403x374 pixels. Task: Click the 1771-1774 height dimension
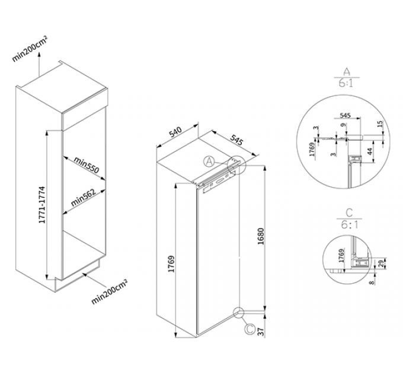pyautogui.click(x=42, y=205)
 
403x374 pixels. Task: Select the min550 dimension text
pyautogui.click(x=87, y=165)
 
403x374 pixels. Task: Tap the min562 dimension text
pyautogui.click(x=83, y=198)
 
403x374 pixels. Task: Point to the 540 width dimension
pyautogui.click(x=175, y=132)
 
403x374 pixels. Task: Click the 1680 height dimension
pyautogui.click(x=261, y=236)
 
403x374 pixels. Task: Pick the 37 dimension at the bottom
pyautogui.click(x=261, y=332)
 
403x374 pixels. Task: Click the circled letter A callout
pyautogui.click(x=209, y=161)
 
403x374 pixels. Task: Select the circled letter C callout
pyautogui.click(x=250, y=329)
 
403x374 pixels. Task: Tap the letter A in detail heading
pyautogui.click(x=347, y=72)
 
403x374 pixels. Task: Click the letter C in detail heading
pyautogui.click(x=349, y=213)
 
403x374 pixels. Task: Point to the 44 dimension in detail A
pyautogui.click(x=370, y=151)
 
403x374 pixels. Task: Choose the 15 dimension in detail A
pyautogui.click(x=380, y=124)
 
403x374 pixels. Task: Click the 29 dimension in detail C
pyautogui.click(x=381, y=264)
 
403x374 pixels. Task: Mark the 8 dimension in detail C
pyautogui.click(x=372, y=283)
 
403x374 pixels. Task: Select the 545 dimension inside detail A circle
pyautogui.click(x=345, y=115)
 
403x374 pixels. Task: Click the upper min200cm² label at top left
pyautogui.click(x=30, y=49)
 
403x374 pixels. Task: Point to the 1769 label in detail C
pyautogui.click(x=341, y=255)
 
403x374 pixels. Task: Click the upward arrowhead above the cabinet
pyautogui.click(x=39, y=53)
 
